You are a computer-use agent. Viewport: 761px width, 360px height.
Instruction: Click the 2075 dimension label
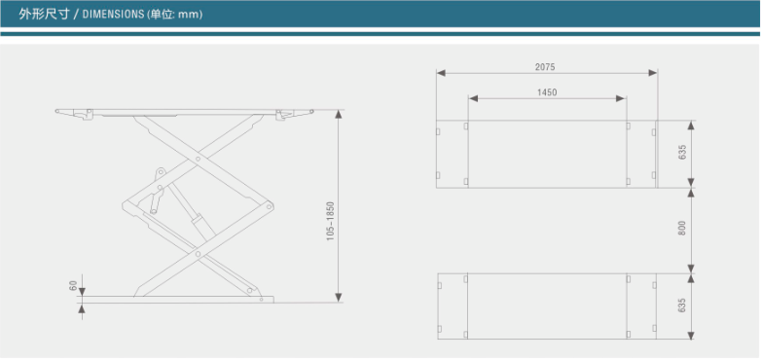[545, 67]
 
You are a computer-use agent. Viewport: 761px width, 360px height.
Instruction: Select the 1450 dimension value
[547, 92]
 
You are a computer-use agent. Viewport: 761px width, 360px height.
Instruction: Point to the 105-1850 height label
[331, 221]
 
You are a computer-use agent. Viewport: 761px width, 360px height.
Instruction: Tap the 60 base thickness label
[74, 285]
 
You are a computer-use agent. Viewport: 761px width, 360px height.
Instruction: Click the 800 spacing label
[682, 229]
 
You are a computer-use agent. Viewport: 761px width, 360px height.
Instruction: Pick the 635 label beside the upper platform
[682, 153]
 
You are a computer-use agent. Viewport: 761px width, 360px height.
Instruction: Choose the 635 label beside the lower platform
[682, 306]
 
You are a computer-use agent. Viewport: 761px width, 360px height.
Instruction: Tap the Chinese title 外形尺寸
[44, 15]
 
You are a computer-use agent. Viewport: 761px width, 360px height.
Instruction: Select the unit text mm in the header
[189, 15]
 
